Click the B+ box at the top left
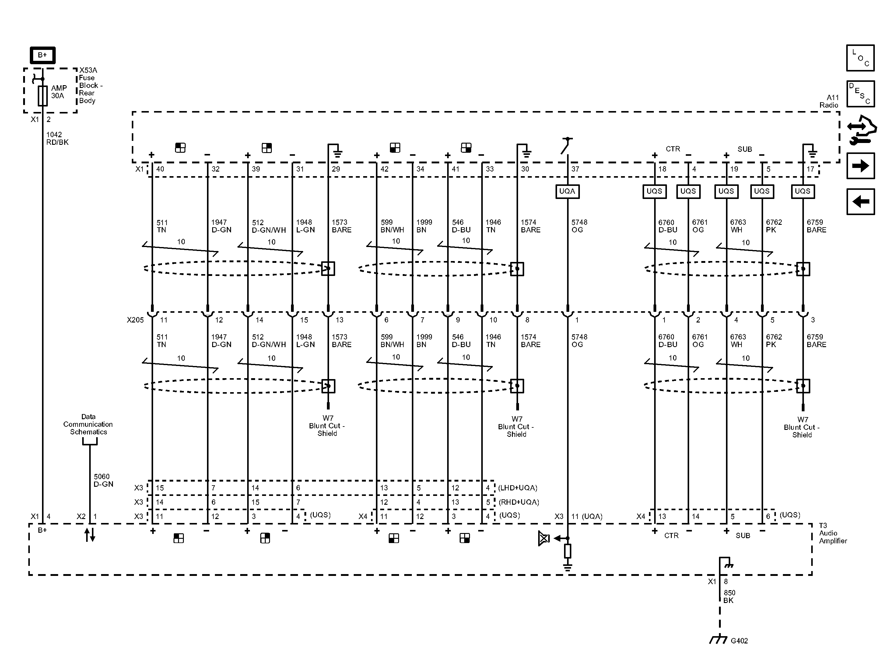tap(42, 55)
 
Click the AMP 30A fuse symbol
tap(42, 96)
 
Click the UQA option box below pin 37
tap(567, 191)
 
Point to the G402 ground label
tap(739, 641)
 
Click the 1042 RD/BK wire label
tap(57, 138)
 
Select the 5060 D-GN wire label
tap(103, 480)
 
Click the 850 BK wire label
tap(729, 597)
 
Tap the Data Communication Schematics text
tap(88, 424)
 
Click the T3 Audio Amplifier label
tap(833, 533)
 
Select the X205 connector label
tap(135, 320)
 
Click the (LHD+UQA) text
tap(518, 488)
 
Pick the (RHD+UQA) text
tap(519, 502)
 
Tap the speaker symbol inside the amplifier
tap(544, 538)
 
